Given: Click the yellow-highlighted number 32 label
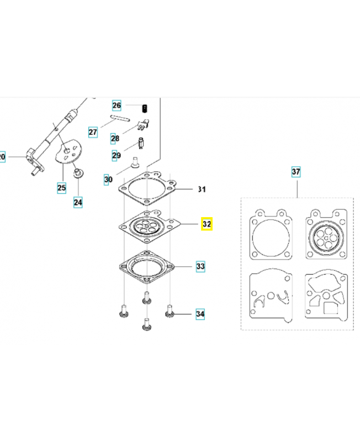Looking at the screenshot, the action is pos(207,224).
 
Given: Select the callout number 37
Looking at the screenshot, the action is pos(296,172).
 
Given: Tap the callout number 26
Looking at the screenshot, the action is pos(117,105).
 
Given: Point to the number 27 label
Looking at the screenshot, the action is pos(93,132).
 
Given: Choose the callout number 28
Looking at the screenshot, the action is pos(115,138).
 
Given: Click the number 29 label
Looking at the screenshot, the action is pos(116,155).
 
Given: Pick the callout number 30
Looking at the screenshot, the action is pos(108,179).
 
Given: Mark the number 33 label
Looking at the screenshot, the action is pos(200,266).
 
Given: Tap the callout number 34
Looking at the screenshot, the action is pos(200,314).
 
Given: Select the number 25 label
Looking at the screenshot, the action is pos(62,188).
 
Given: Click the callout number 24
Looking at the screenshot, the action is pos(78,202).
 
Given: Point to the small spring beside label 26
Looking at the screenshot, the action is pos(145,108).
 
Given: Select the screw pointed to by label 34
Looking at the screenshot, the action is pos(170,311).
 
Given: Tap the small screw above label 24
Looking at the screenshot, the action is pos(77,172).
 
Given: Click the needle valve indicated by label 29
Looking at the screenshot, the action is pos(141,143).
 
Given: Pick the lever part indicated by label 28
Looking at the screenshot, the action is pos(143,125).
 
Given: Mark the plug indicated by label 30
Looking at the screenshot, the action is pos(135,162).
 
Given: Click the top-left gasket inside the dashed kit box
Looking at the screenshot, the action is pos(271,234).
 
